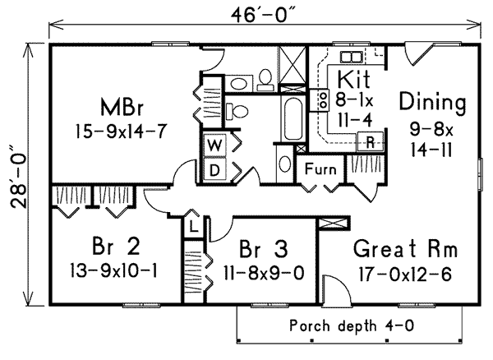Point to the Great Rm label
point(405,247)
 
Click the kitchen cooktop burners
point(316,101)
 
